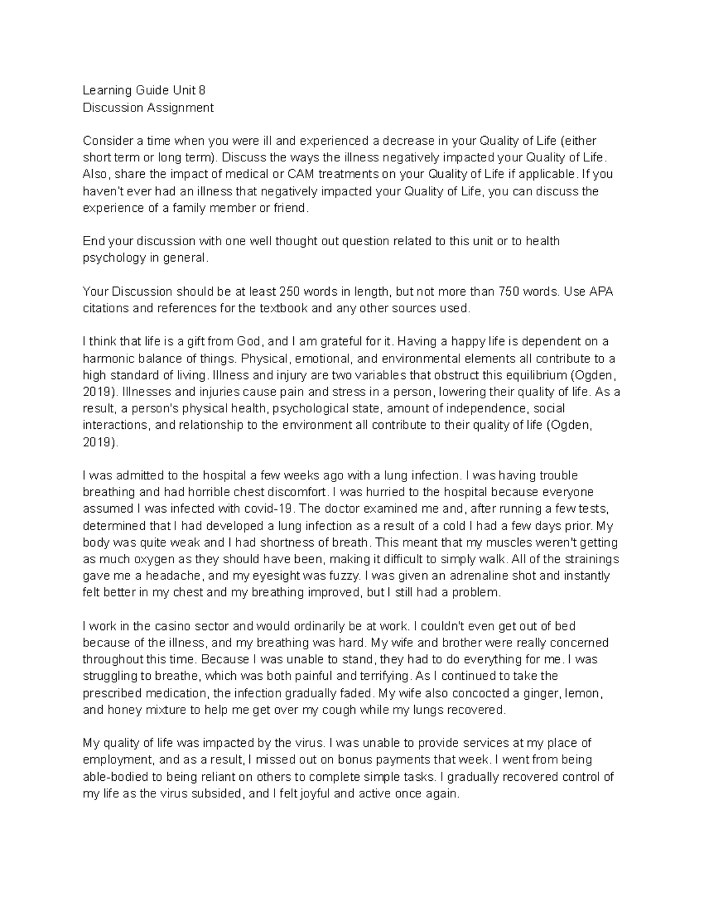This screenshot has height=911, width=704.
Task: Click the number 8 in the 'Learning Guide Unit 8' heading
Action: tap(202, 90)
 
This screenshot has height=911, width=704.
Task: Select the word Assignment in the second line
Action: tap(180, 107)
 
